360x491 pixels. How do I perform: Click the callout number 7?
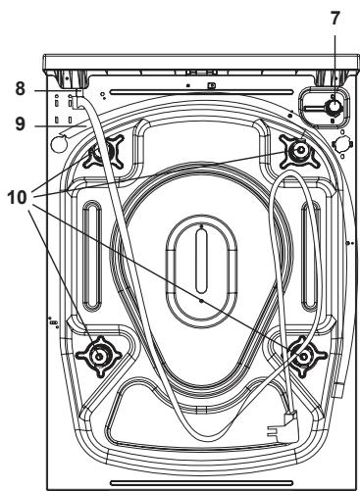click(334, 18)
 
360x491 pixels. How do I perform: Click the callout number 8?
click(21, 88)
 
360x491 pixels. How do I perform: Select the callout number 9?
click(21, 123)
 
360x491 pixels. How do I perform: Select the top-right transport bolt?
click(299, 150)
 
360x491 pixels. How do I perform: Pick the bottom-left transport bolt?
click(98, 356)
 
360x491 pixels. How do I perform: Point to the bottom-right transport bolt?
click(304, 356)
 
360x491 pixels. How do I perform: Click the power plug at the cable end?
click(283, 426)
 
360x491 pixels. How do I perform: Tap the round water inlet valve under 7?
click(333, 107)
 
